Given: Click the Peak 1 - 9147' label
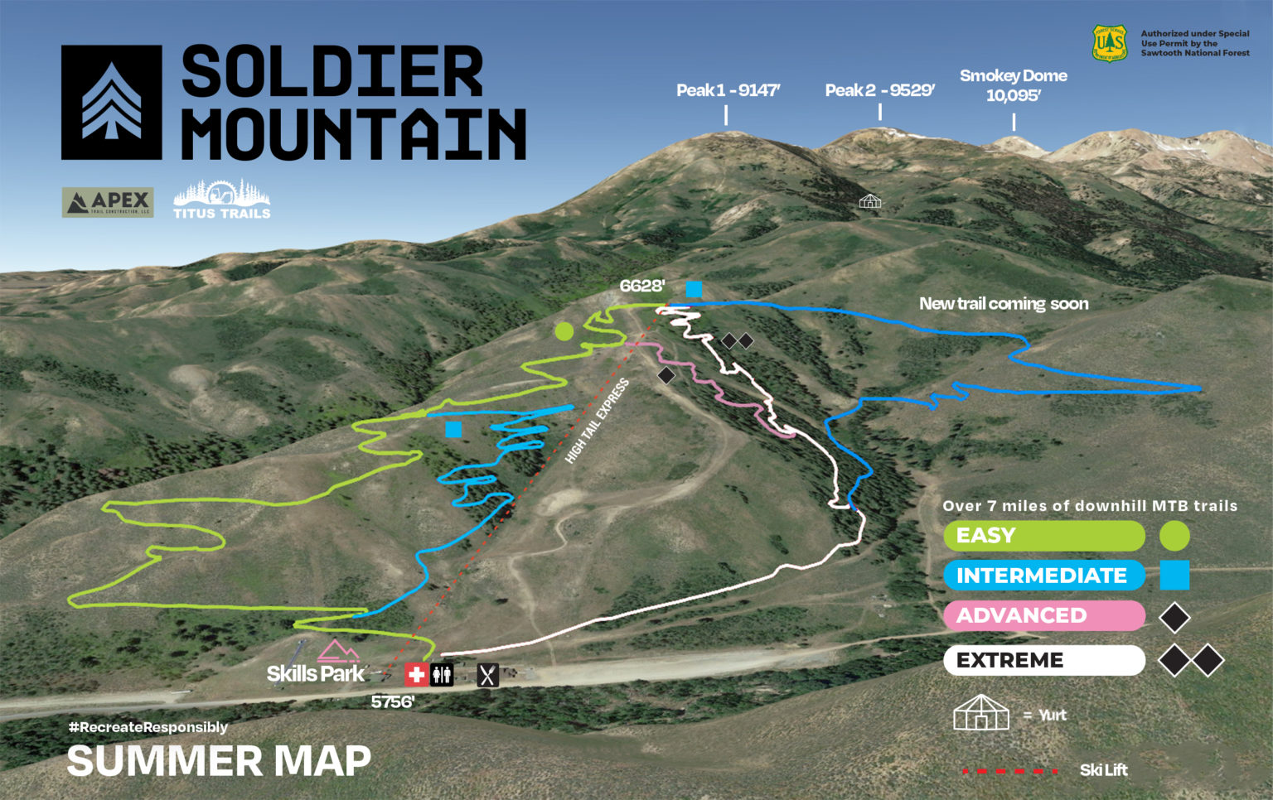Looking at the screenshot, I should [728, 90].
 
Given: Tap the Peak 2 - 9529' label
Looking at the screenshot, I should [879, 90].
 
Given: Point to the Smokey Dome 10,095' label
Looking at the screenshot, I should [1013, 85].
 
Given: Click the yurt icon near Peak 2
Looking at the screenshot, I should [870, 201].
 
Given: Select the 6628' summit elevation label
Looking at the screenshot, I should [642, 286].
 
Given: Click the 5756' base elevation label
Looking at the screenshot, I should [393, 701].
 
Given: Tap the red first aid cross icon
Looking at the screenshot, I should [416, 675].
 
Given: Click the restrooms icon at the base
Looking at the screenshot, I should [442, 675].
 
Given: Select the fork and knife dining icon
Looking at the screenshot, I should [488, 676].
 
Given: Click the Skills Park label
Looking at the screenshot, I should [315, 673].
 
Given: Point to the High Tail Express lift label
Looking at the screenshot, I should [597, 421].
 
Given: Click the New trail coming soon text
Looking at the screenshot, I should [1004, 304].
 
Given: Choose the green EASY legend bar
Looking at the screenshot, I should [1043, 536].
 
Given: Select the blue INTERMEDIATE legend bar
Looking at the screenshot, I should [1043, 576].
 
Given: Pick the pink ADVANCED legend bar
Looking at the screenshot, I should [1043, 615].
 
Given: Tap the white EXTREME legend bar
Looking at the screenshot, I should [1043, 660].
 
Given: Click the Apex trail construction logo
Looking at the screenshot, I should [108, 202].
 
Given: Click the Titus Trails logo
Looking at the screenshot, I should [221, 200].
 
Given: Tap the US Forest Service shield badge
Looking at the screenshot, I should [1110, 42].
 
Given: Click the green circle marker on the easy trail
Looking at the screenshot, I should [564, 332].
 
